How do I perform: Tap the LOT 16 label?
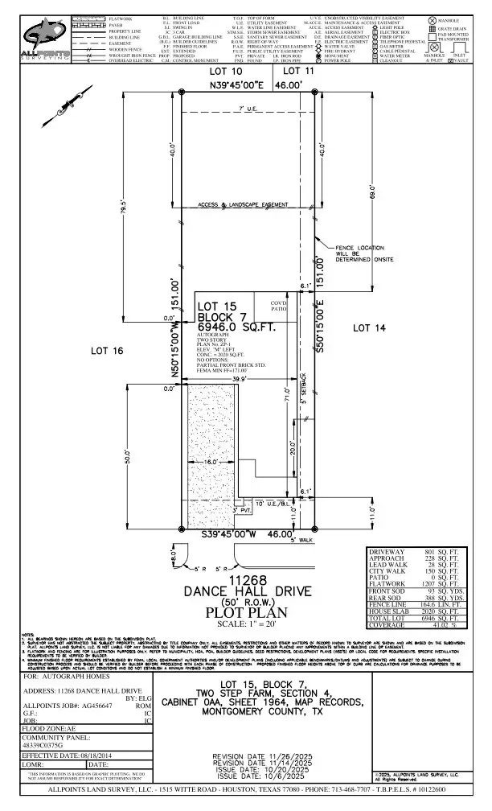[x=107, y=351]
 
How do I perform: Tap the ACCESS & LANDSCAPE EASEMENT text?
[x=243, y=205]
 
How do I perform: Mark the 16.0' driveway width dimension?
[x=211, y=464]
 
